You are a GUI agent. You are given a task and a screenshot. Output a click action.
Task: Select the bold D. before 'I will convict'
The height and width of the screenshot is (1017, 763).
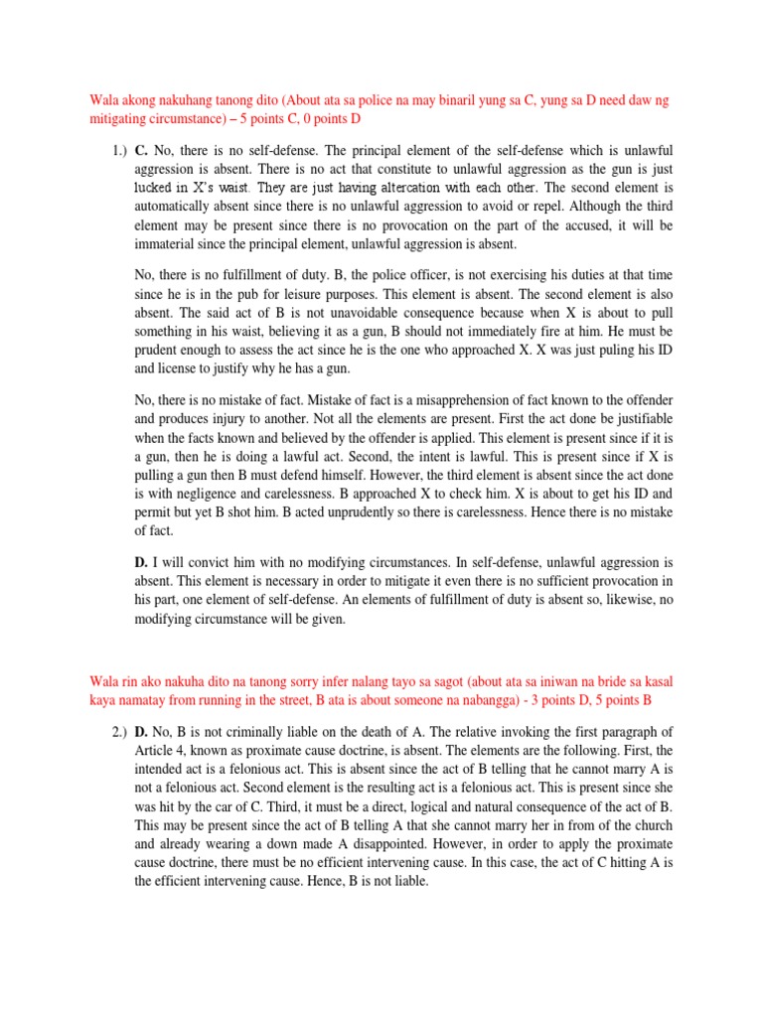pyautogui.click(x=140, y=562)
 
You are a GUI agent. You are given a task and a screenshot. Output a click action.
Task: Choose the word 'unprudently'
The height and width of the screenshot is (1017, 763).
pyautogui.click(x=388, y=508)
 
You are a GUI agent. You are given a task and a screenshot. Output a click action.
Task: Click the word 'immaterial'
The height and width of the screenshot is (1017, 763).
pyautogui.click(x=169, y=244)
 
